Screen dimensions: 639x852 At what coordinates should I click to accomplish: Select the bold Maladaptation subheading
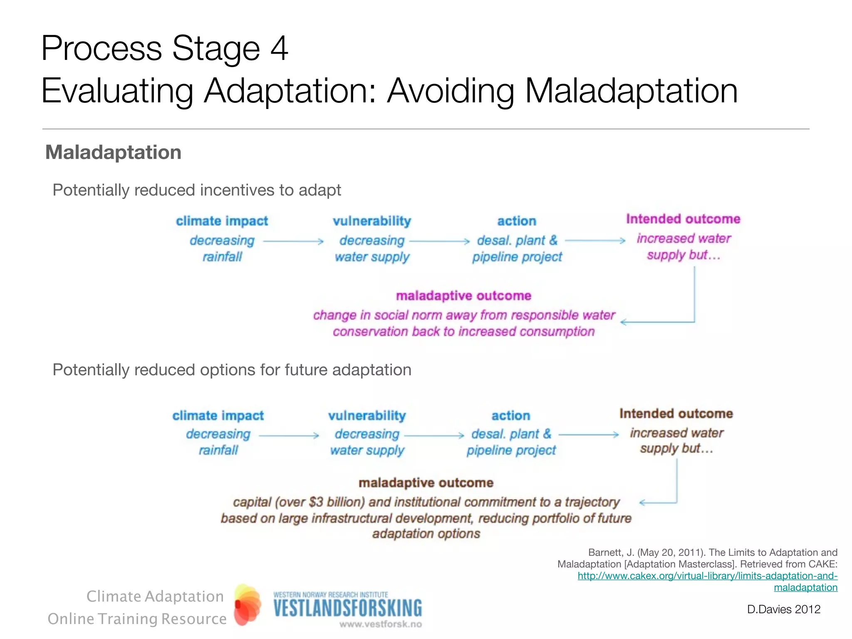[113, 152]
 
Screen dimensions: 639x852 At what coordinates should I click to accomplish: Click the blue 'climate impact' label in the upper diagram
[222, 221]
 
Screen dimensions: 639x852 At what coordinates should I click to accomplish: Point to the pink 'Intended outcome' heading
[683, 219]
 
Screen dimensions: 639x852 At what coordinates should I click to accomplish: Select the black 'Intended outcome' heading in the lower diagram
[676, 414]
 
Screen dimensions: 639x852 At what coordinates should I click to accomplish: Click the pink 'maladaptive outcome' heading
[463, 296]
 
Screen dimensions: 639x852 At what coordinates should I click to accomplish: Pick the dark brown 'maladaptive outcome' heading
[426, 483]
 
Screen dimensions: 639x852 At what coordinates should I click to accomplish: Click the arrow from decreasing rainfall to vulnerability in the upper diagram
[293, 241]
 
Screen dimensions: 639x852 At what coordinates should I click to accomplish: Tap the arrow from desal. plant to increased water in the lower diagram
[589, 435]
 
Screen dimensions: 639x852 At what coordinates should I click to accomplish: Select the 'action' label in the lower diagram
[511, 416]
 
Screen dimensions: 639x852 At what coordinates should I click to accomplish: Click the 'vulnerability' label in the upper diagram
[372, 221]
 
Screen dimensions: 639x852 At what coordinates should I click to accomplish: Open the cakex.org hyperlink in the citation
[707, 576]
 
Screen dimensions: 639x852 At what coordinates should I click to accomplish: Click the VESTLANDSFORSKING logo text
[347, 608]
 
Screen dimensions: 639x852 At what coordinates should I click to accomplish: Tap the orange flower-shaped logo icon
[247, 604]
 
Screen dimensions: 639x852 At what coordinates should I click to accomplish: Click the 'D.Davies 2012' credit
[783, 609]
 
